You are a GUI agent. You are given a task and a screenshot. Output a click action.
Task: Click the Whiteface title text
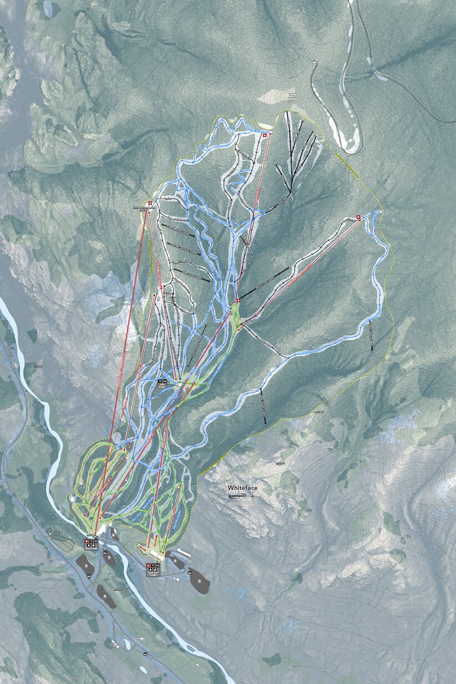(242, 488)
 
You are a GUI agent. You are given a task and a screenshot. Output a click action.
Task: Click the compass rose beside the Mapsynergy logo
(253, 496)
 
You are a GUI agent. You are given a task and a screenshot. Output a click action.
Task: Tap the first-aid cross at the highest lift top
(265, 135)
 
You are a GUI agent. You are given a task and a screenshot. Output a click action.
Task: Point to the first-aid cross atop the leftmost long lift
(150, 203)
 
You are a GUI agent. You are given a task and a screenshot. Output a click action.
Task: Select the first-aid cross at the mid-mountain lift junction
(238, 300)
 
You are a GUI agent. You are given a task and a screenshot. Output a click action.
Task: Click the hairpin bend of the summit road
(351, 145)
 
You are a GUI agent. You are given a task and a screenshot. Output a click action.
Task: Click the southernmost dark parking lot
(105, 596)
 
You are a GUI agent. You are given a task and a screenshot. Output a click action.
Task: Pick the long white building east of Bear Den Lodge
(183, 553)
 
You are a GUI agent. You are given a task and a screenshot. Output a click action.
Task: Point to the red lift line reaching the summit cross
(255, 211)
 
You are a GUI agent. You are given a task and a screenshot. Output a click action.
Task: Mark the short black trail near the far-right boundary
(371, 336)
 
